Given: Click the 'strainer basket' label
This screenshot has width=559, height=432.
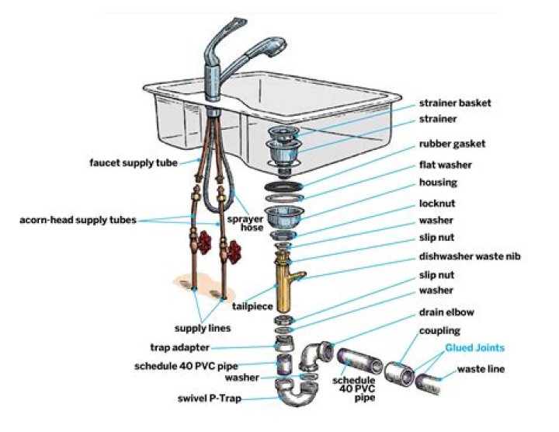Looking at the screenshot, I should pyautogui.click(x=455, y=103).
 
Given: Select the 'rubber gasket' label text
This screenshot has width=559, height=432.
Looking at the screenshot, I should pyautogui.click(x=452, y=143).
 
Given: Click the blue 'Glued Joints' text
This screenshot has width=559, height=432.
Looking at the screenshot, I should pyautogui.click(x=474, y=348).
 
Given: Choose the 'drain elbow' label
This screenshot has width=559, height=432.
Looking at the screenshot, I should pyautogui.click(x=446, y=312).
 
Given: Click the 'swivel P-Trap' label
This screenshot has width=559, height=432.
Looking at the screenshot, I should pyautogui.click(x=210, y=399).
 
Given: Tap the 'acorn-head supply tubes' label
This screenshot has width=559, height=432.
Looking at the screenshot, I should pyautogui.click(x=77, y=220).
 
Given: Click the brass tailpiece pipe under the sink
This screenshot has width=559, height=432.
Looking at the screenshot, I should pyautogui.click(x=283, y=280).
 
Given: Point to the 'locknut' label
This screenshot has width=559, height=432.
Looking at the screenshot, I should pyautogui.click(x=438, y=203).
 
